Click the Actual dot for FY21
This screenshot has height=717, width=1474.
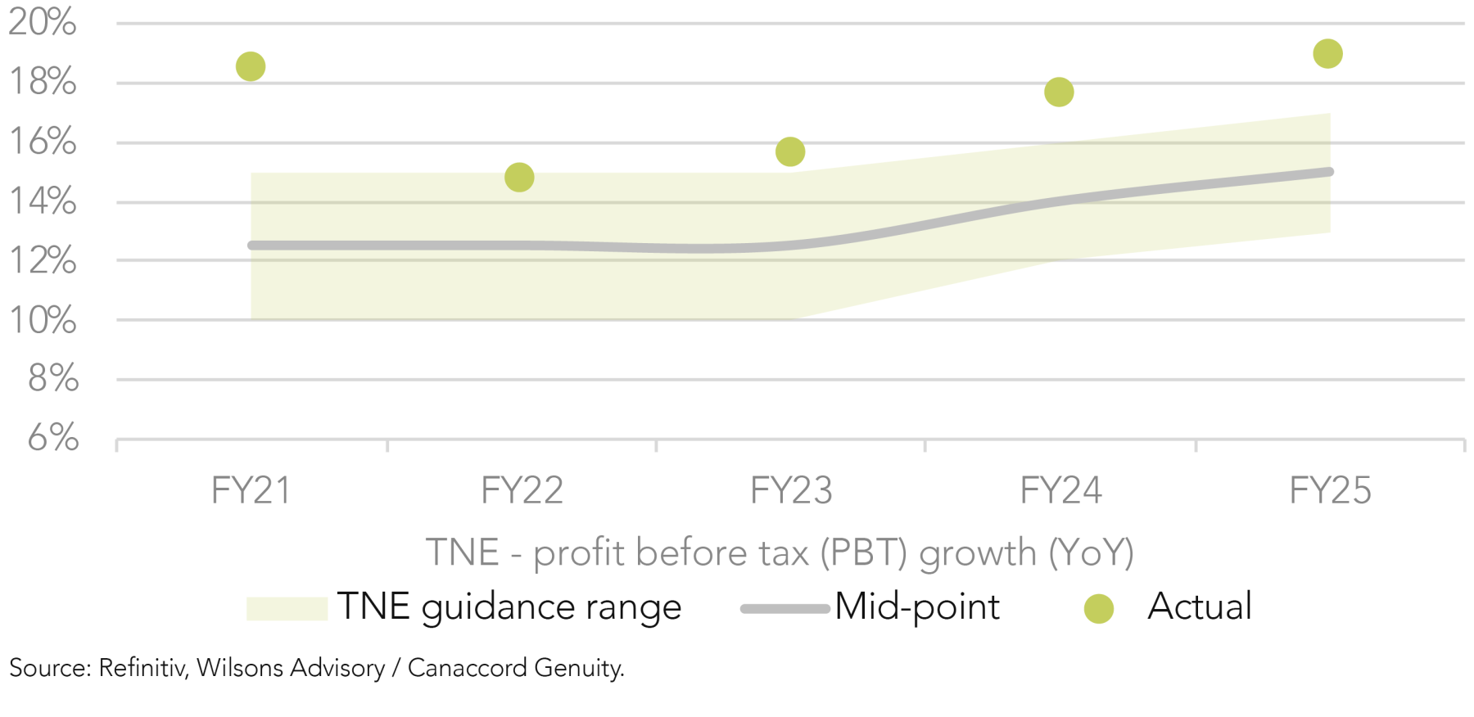tap(251, 66)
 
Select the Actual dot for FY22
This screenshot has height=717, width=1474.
tap(519, 177)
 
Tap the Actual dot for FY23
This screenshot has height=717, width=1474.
tap(790, 151)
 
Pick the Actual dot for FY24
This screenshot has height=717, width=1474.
tap(1059, 92)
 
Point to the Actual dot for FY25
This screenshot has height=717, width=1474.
tap(1327, 54)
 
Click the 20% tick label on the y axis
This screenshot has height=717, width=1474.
tap(43, 22)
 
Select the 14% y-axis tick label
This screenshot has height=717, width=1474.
tap(43, 201)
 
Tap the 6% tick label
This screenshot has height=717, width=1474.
tap(53, 438)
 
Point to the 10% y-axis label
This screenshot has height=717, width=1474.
tap(43, 320)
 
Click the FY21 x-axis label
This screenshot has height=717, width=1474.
tap(251, 491)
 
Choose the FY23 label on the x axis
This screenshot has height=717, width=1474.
tap(791, 491)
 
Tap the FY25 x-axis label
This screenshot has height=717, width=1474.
tap(1330, 491)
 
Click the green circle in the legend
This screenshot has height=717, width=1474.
tap(1098, 608)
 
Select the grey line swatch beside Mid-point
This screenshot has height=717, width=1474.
tap(784, 608)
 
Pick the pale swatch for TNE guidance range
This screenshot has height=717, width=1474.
tap(287, 608)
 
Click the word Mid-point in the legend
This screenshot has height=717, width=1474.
tap(917, 607)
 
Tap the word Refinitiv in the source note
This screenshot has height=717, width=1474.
tap(142, 668)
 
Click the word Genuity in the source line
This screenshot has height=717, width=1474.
tap(578, 669)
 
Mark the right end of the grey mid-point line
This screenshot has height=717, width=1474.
tap(1329, 172)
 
